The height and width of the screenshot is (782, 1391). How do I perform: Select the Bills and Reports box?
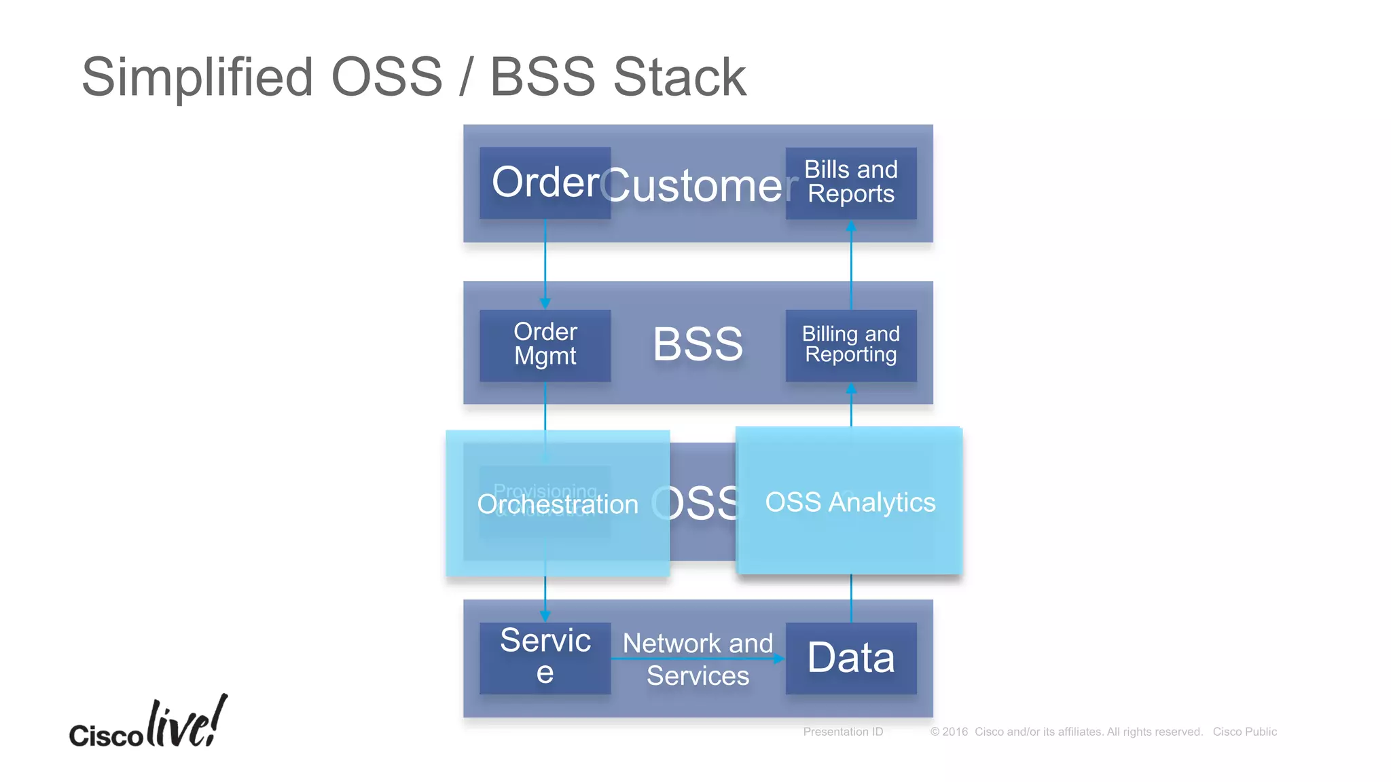[850, 183]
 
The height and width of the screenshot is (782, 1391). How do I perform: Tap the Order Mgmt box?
[545, 345]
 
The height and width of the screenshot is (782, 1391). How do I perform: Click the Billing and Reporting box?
[850, 345]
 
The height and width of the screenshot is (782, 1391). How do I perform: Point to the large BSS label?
[698, 344]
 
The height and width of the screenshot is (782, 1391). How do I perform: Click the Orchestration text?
[558, 504]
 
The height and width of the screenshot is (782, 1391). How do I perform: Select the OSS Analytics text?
[850, 502]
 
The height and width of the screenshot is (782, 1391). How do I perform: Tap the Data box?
[850, 658]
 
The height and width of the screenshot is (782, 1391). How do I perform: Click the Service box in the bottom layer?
[545, 657]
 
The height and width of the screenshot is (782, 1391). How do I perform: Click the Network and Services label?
[698, 659]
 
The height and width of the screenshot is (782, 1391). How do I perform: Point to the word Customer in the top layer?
[698, 185]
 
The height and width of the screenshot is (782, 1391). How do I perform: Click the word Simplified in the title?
[197, 77]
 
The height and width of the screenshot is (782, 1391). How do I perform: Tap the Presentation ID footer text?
[843, 732]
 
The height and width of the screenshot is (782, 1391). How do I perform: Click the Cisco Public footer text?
[1244, 732]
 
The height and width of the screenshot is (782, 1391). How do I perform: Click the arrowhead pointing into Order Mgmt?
[545, 303]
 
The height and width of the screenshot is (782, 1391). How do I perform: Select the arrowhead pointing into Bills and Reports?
[851, 227]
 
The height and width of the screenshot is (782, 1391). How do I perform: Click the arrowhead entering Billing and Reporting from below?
[851, 389]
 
